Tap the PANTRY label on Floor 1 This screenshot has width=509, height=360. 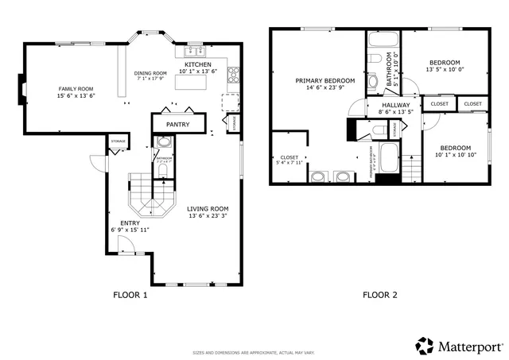176,125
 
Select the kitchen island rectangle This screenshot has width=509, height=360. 188,95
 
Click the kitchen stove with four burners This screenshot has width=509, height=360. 234,75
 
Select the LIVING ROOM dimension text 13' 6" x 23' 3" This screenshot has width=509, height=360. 208,216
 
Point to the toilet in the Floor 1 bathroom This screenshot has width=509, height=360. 164,144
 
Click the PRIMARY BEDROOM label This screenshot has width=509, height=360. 324,80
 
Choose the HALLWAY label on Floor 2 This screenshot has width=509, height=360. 395,105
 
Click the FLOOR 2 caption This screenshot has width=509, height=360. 380,295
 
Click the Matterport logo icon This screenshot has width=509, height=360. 424,346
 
